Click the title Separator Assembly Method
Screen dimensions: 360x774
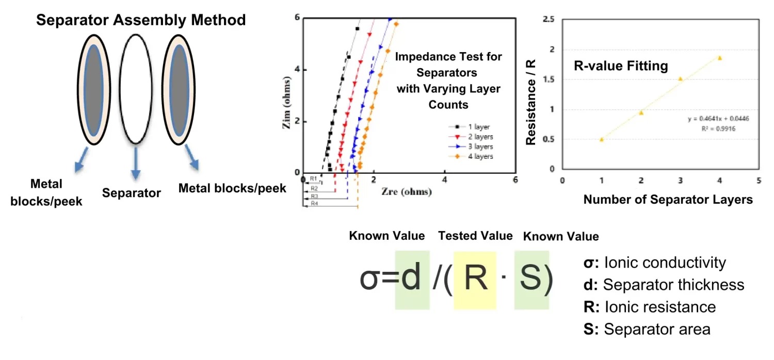[x=140, y=21]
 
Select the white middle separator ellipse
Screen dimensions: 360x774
[x=135, y=89]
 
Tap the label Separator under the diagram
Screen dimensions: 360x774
[x=132, y=193]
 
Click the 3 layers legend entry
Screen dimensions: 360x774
[x=479, y=146]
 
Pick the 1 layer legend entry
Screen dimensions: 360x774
[x=477, y=127]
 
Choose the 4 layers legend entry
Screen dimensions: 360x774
[x=479, y=156]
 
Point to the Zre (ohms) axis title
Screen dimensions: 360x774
[x=407, y=192]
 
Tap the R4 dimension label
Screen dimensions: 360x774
[x=314, y=204]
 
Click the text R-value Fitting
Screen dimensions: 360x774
[x=621, y=66]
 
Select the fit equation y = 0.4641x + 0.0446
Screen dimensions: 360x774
[x=718, y=119]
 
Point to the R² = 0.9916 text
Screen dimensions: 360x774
[x=718, y=128]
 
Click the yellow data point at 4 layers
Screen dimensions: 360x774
[x=719, y=58]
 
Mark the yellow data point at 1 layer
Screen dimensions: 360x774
[x=602, y=139]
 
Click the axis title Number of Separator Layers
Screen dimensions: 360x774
[x=668, y=200]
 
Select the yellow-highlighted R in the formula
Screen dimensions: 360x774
[x=475, y=279]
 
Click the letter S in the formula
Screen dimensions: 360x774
[x=531, y=279]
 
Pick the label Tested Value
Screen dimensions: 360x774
[x=475, y=236]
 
